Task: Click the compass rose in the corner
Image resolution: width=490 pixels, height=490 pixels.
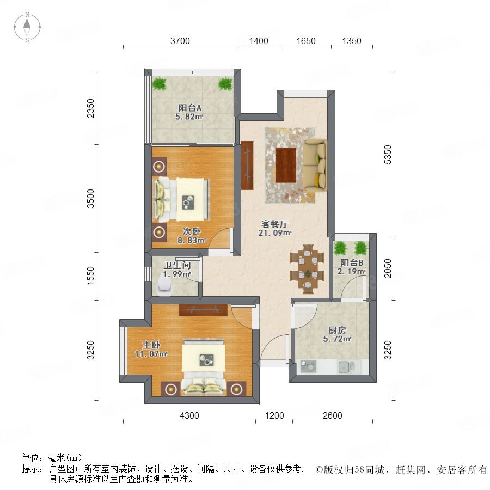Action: (27, 27)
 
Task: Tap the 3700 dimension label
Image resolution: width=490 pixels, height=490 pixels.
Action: (180, 41)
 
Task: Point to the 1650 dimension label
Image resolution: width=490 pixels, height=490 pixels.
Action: (305, 41)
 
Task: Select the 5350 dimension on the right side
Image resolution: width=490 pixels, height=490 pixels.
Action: (388, 155)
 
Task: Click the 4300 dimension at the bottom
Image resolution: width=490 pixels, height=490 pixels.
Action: (189, 415)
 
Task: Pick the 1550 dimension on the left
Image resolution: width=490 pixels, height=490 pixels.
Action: (90, 275)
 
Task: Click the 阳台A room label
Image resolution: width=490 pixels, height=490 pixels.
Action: (189, 108)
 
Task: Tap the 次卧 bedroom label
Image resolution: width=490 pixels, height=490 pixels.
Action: (192, 231)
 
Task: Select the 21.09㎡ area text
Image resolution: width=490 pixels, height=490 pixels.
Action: (275, 233)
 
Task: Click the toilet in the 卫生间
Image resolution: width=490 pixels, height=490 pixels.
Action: (164, 286)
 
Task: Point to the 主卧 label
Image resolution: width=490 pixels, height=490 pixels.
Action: (151, 345)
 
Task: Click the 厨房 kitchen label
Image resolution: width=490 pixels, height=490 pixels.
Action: (337, 330)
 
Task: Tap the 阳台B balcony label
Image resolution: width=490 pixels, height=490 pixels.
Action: (352, 263)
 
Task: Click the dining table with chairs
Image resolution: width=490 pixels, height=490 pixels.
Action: (308, 269)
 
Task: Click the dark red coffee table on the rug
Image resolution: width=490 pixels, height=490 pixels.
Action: (286, 166)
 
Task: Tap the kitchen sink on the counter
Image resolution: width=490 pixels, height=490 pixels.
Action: (346, 367)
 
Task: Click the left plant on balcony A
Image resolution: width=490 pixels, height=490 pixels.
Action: (159, 83)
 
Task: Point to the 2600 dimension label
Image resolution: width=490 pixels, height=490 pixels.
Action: (333, 415)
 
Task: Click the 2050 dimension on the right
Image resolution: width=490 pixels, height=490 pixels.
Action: (388, 268)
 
